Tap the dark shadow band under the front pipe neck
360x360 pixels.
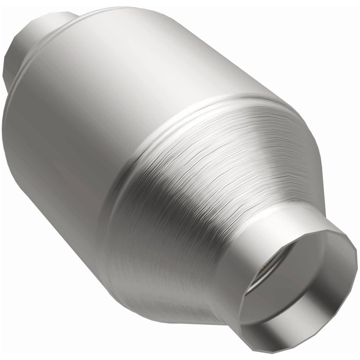(211, 310)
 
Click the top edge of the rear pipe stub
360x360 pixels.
(40, 18)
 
